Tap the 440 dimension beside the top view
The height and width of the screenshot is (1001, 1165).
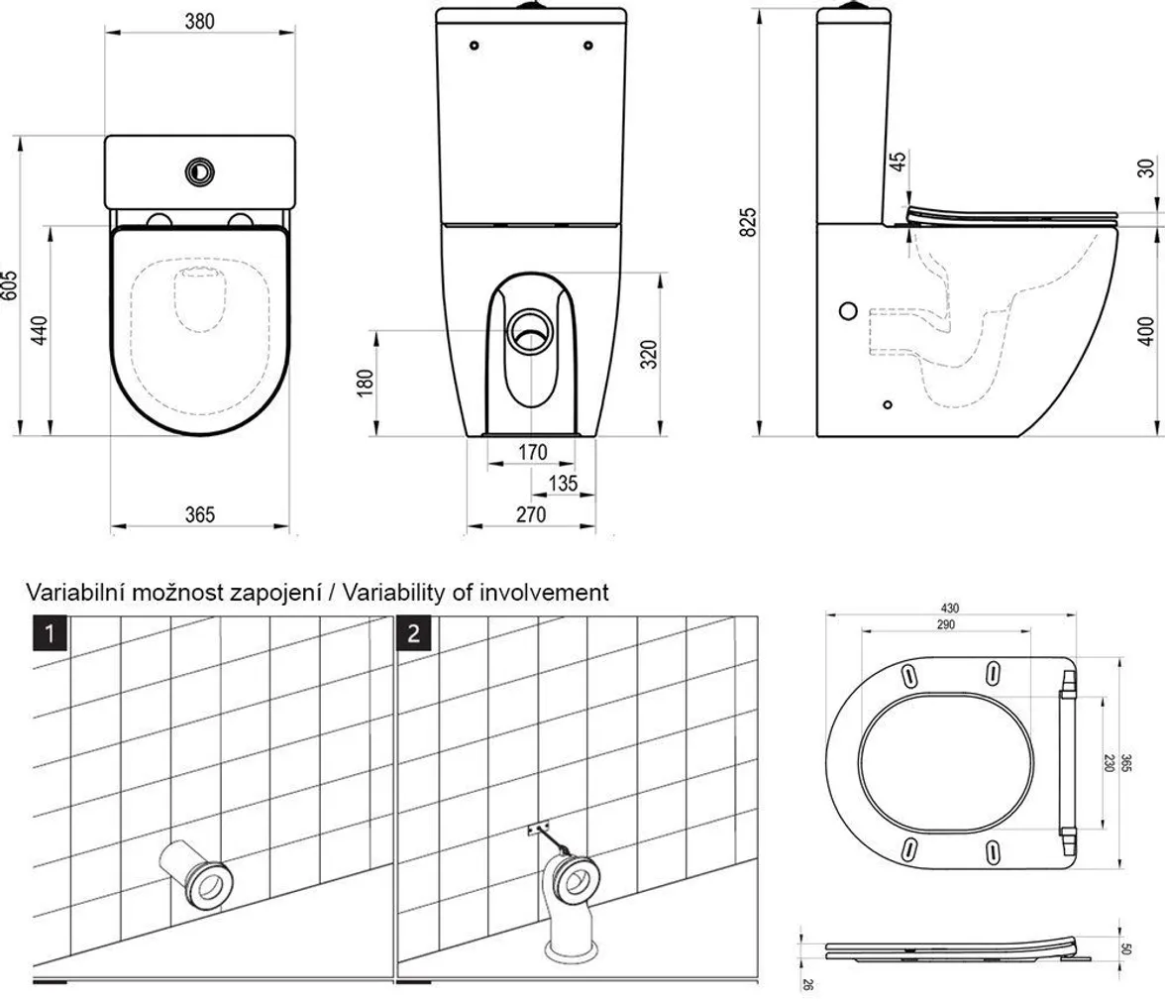tap(40, 330)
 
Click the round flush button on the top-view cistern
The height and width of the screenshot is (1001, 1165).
tap(199, 170)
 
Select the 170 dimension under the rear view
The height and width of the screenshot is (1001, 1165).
tap(532, 453)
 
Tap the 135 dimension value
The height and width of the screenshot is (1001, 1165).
tap(563, 484)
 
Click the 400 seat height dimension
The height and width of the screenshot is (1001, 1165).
tap(1146, 330)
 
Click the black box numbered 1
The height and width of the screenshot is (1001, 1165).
tap(52, 632)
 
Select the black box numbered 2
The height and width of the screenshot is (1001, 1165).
tap(413, 632)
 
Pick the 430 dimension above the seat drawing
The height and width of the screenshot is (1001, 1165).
tap(951, 608)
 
